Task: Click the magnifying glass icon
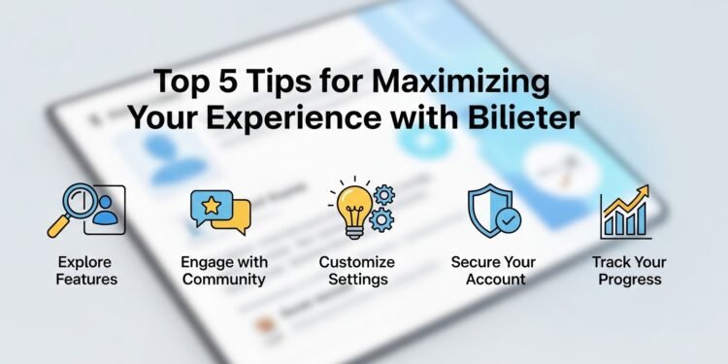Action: pyautogui.click(x=69, y=211)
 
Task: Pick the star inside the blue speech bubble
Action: pyautogui.click(x=211, y=204)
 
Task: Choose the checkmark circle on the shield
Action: pyautogui.click(x=507, y=220)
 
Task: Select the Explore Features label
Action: pyautogui.click(x=84, y=271)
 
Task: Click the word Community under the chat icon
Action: pyautogui.click(x=223, y=280)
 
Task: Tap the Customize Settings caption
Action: pyautogui.click(x=357, y=271)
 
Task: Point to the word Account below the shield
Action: pyautogui.click(x=495, y=280)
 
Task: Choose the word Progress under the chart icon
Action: pyautogui.click(x=627, y=280)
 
